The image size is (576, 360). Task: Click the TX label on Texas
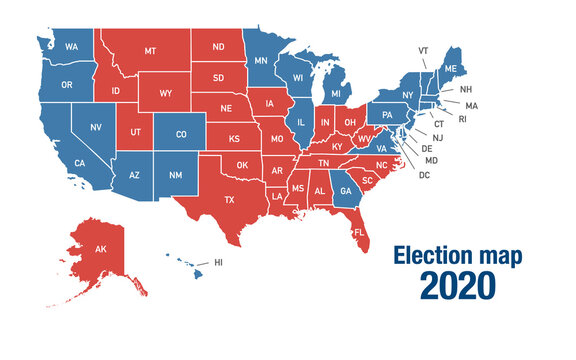point(230,200)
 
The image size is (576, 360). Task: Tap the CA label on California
point(80,163)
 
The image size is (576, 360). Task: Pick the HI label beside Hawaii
point(218,263)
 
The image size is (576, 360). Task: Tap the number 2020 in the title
point(457,285)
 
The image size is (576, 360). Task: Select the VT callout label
point(423,49)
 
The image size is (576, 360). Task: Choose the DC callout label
point(424,175)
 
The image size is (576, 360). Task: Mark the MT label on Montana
point(149,49)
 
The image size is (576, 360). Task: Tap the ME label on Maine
point(450,67)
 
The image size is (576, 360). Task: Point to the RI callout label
point(462,118)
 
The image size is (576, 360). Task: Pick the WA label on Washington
point(72,47)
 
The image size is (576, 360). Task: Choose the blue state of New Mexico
point(175,176)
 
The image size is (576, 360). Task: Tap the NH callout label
point(466,89)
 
